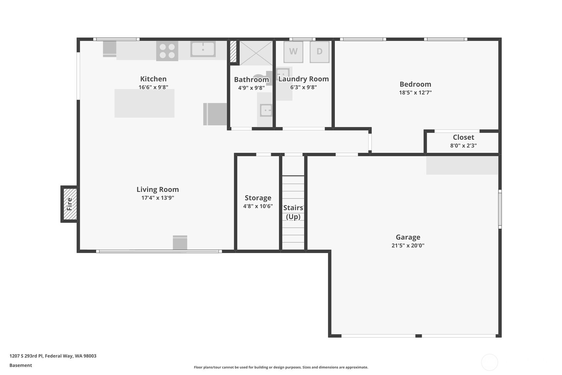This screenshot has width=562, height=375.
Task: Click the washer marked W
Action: pos(293,52)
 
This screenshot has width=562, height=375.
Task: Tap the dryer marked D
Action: pos(319,52)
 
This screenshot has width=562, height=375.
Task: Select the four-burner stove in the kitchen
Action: pos(167,51)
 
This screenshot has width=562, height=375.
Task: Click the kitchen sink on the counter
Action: pos(203,49)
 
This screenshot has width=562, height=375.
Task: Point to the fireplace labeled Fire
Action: pos(70,204)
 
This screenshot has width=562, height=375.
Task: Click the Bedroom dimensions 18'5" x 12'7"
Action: pos(415,93)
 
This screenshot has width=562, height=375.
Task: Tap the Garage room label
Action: pos(408,237)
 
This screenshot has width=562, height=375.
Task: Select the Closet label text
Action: pos(463,137)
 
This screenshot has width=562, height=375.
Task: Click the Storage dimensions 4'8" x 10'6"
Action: pos(258,206)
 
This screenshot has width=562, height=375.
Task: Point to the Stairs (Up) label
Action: pos(293,212)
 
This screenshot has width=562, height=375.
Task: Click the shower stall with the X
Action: pos(256,53)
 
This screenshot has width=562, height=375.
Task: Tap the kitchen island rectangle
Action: pos(144,103)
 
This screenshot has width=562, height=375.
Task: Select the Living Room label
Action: pos(158,189)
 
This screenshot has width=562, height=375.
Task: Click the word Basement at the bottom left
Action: pos(21,365)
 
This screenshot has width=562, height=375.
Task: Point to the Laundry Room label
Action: pos(303,79)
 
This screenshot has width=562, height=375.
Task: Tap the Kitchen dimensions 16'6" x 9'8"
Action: pos(153,88)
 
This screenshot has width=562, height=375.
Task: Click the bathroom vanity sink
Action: pos(266,110)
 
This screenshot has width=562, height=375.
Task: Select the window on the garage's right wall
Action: pos(500,209)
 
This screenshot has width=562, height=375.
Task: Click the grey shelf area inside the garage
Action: pos(462,165)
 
